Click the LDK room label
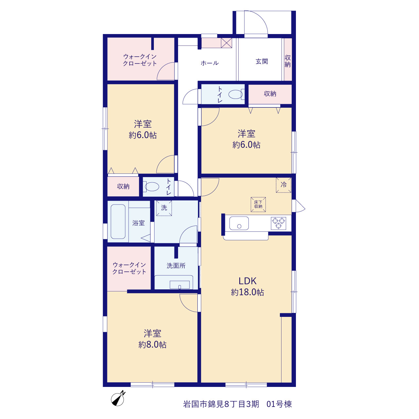click(247, 281)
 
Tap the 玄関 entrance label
click(262, 62)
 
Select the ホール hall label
click(209, 63)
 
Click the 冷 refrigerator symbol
click(283, 185)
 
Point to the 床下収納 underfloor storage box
click(258, 204)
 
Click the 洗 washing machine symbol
click(164, 208)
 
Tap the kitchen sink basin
click(239, 223)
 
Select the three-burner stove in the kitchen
click(278, 223)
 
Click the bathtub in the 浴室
click(118, 221)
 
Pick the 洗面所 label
click(176, 265)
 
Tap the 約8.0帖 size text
click(153, 345)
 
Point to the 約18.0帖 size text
click(247, 292)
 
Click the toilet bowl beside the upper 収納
click(235, 94)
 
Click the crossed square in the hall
click(226, 43)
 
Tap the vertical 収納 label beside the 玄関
click(287, 61)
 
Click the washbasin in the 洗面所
click(180, 284)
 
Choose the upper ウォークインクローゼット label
click(140, 60)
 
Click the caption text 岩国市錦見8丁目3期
click(221, 404)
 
